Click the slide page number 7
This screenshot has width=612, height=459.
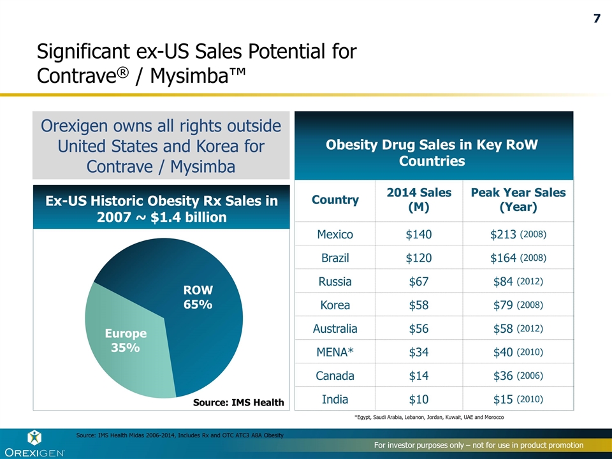tap(597, 18)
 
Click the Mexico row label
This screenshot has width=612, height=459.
tap(335, 235)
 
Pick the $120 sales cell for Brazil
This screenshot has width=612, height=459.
tap(419, 258)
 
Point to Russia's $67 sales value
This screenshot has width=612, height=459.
tap(419, 282)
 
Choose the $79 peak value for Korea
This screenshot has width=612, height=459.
tap(503, 305)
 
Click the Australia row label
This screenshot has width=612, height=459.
tap(335, 329)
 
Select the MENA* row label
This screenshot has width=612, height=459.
tap(335, 353)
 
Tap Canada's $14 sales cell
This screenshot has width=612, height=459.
tap(419, 376)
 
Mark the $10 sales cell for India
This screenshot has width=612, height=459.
tap(419, 400)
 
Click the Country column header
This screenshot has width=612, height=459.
tap(335, 200)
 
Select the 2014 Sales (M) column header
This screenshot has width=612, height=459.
tap(419, 200)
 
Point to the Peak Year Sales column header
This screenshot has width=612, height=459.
tap(518, 200)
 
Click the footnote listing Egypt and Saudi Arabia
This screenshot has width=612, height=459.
tap(429, 417)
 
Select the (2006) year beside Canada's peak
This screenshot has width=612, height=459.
tap(529, 376)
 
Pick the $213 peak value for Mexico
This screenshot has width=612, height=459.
tap(503, 235)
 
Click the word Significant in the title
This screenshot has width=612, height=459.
tap(78, 51)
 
